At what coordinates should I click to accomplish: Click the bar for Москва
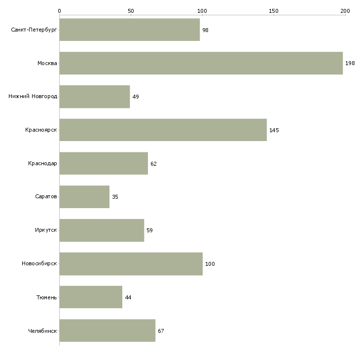(x=201, y=63)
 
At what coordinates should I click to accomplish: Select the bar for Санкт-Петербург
(x=129, y=30)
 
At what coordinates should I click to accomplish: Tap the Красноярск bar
(x=163, y=130)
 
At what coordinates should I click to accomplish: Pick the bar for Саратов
(x=84, y=197)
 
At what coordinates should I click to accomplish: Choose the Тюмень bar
(x=91, y=297)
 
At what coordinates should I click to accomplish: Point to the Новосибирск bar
(x=131, y=264)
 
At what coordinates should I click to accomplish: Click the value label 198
(x=350, y=64)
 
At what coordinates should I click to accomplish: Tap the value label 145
(x=274, y=130)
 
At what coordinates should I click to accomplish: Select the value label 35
(x=115, y=197)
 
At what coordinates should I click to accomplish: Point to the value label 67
(x=161, y=331)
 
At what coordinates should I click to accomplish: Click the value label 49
(x=136, y=97)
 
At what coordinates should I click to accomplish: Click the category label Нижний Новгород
(x=33, y=96)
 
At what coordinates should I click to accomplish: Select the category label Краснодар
(x=42, y=163)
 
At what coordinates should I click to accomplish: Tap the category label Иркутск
(x=46, y=230)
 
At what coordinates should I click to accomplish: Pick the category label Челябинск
(x=42, y=331)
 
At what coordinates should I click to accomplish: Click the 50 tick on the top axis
(x=131, y=10)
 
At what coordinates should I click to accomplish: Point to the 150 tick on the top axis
(x=274, y=10)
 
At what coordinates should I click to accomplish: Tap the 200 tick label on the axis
(x=345, y=10)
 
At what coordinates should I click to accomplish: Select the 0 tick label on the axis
(x=59, y=10)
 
